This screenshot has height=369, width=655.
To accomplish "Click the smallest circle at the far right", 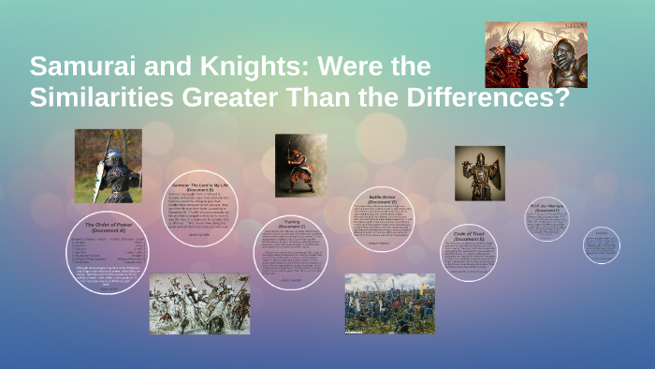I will (x=601, y=245).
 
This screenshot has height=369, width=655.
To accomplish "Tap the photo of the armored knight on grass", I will (x=108, y=166).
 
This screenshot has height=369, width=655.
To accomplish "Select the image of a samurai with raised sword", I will (x=299, y=165).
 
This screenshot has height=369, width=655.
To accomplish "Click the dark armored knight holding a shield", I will (x=479, y=172).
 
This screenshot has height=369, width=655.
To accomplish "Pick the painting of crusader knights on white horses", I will (x=199, y=303).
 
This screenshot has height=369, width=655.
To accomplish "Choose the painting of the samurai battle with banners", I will (x=389, y=303).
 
